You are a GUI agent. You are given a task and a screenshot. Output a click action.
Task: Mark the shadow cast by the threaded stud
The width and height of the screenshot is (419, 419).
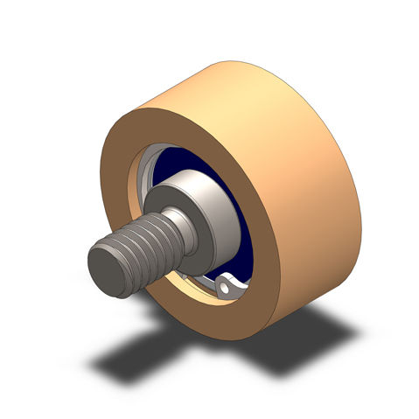point(131,359)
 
